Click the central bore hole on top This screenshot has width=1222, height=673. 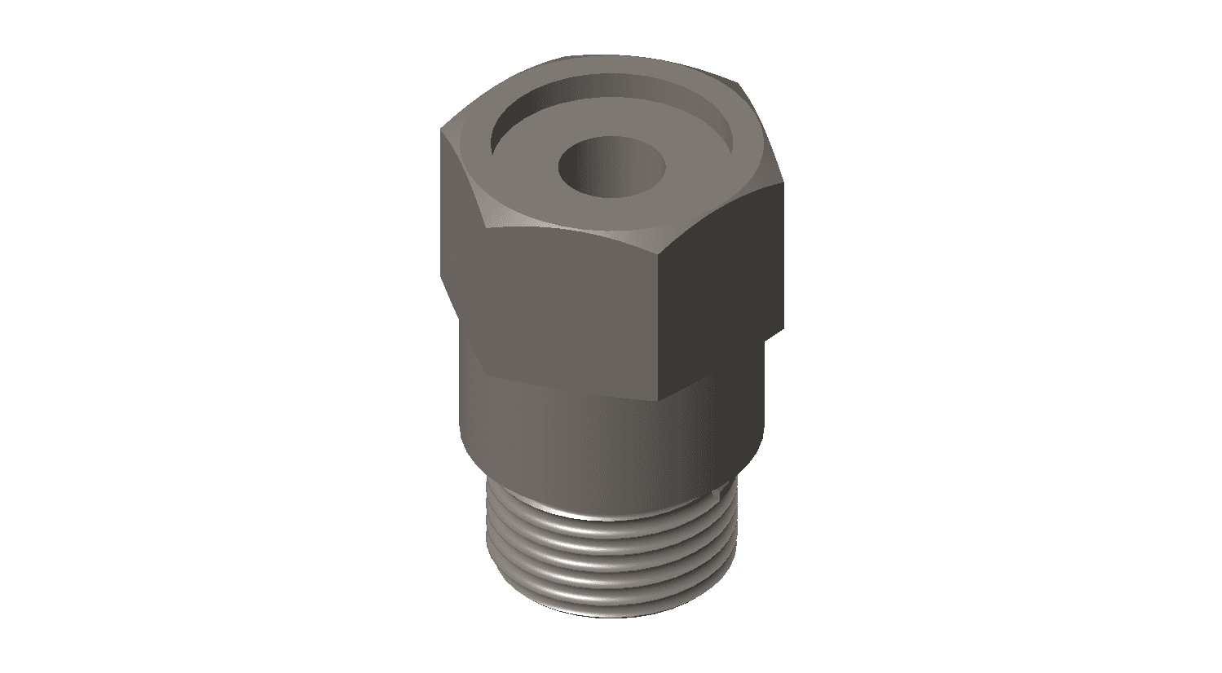pos(611,168)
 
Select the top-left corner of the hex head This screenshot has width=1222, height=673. pos(443,129)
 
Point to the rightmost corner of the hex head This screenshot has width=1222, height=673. pos(783,183)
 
